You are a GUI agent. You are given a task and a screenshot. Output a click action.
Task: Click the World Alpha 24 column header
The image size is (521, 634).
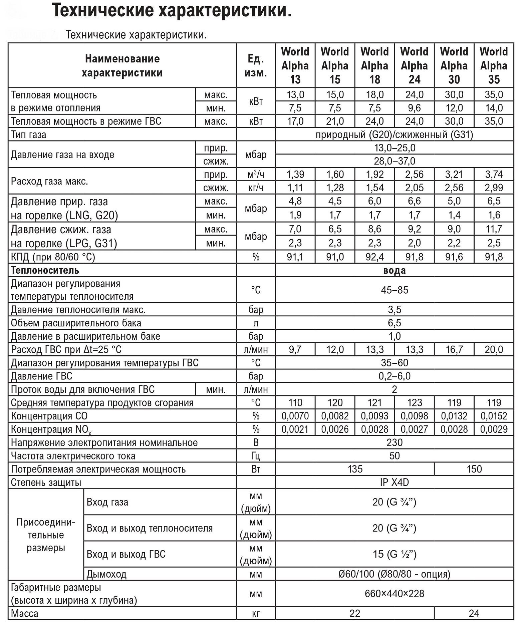(414, 65)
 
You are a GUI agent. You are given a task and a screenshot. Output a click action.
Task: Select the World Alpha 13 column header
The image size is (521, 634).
(295, 65)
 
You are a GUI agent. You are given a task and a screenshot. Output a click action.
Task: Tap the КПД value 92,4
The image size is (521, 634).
(374, 257)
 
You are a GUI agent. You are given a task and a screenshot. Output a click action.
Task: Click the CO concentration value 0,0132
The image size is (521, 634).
(454, 416)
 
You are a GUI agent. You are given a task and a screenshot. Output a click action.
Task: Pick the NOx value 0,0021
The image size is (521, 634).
(295, 429)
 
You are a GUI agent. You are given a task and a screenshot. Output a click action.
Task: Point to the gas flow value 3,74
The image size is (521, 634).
(494, 175)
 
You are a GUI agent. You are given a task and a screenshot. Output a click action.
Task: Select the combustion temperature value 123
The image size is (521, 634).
(414, 403)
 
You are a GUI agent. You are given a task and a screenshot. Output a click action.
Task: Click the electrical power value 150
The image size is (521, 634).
(474, 469)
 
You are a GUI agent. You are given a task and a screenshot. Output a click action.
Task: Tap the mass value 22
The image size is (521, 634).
(355, 613)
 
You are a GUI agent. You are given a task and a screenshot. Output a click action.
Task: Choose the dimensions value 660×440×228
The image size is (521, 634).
(395, 594)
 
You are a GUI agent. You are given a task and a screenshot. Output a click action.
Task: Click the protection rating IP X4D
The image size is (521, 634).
(395, 483)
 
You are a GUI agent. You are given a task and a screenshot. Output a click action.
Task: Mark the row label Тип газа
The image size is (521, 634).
(29, 135)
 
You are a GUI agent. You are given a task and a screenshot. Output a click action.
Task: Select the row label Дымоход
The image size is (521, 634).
(106, 574)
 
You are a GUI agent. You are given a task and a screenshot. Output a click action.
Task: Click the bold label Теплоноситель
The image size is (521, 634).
(45, 270)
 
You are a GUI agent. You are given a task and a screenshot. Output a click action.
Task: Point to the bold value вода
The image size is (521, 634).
(395, 270)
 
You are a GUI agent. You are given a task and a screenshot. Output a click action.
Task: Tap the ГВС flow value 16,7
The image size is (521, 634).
(454, 350)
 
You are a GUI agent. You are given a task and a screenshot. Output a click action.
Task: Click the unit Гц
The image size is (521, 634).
(256, 456)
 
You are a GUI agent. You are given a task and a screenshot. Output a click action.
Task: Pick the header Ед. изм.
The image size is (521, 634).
(256, 66)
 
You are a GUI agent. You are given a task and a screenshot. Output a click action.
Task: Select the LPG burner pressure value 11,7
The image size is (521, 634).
(494, 229)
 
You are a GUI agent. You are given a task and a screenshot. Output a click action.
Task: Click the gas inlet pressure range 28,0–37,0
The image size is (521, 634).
(395, 161)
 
